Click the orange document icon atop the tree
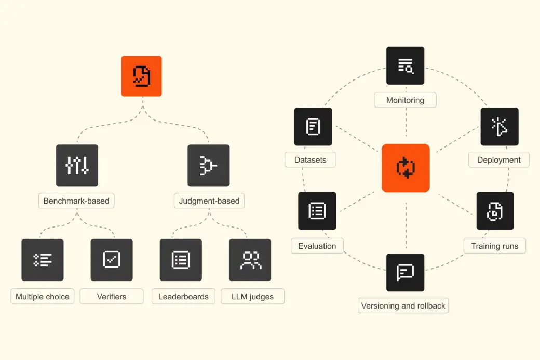coord(141,76)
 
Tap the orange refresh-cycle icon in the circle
coord(406,168)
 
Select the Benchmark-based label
coord(76,201)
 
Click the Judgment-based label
coord(209,201)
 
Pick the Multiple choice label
coord(43,297)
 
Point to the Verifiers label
coord(112,297)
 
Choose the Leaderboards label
coord(183,297)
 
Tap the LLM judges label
coord(252,297)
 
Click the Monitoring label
coord(405,100)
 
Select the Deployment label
coord(498,160)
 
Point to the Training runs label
coord(494,246)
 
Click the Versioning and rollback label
coord(403,305)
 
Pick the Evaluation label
coord(317,246)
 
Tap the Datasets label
coord(310,160)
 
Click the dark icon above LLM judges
coord(250,260)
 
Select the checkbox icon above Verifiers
coord(112,260)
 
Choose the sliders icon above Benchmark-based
coord(77,166)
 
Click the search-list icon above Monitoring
coord(405,65)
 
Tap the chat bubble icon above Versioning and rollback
coord(405,272)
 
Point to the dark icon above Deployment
coord(499,126)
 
